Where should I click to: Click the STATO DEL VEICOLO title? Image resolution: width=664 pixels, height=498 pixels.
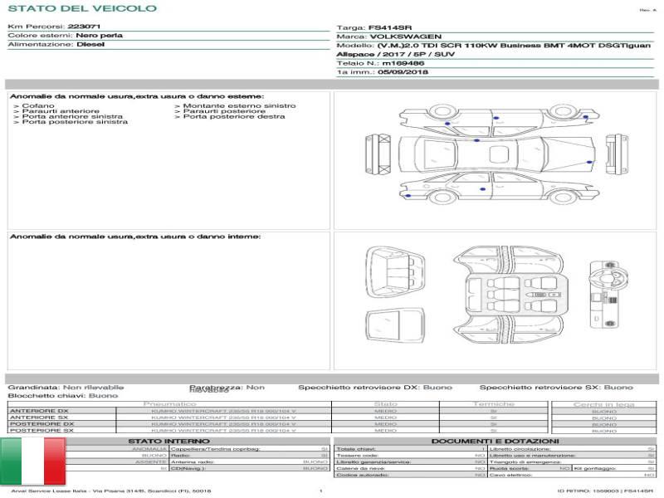[x=81, y=8]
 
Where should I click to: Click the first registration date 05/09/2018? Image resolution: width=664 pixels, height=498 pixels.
[x=403, y=72]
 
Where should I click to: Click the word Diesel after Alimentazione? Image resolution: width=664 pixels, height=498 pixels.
[x=90, y=45]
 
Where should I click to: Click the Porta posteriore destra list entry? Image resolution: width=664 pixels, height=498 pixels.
[x=234, y=117]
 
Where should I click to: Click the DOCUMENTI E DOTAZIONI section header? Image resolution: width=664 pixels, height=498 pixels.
[x=495, y=441]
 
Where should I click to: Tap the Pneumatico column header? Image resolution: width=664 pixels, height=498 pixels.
[x=169, y=404]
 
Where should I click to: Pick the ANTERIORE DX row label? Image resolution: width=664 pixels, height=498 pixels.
[x=39, y=411]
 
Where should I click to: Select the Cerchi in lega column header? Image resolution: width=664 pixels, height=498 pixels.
[x=603, y=404]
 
